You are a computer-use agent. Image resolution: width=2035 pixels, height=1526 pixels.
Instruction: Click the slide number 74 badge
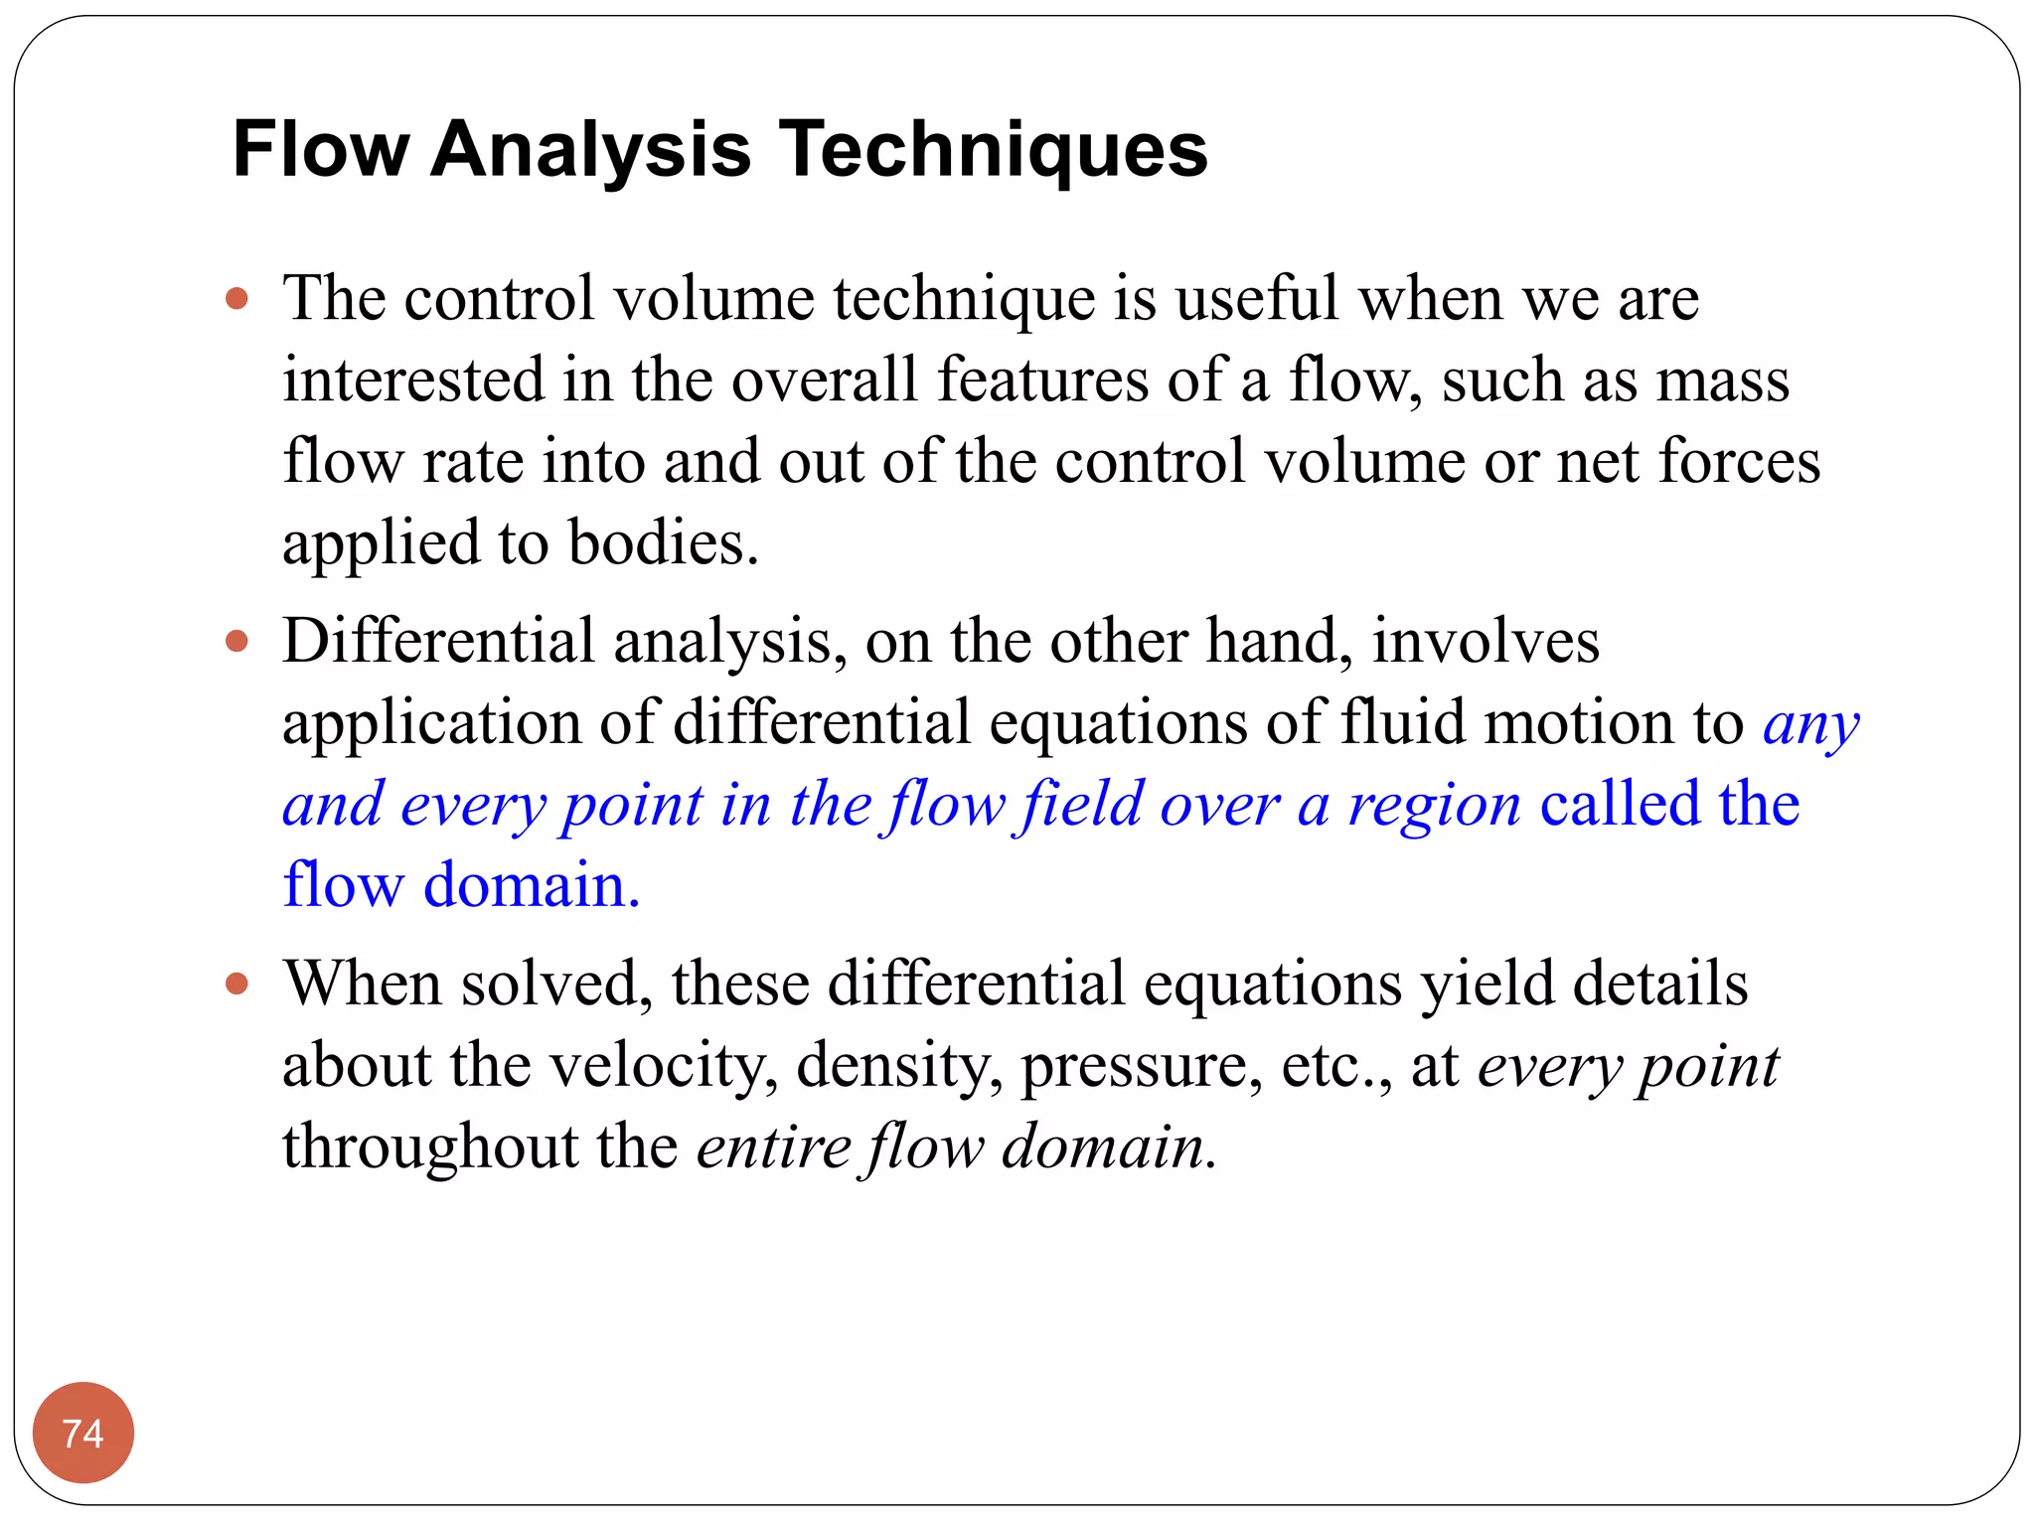(83, 1432)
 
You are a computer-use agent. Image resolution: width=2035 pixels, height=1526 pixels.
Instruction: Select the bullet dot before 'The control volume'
(236, 298)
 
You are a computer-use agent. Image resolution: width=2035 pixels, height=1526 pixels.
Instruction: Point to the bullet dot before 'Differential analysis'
(236, 641)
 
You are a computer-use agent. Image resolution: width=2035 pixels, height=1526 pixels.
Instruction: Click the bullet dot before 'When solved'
(236, 984)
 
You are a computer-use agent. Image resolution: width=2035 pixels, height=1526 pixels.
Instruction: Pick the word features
(1042, 380)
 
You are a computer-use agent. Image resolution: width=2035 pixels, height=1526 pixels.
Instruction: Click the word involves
(1486, 641)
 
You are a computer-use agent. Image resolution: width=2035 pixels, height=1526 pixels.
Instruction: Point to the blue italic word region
(1434, 805)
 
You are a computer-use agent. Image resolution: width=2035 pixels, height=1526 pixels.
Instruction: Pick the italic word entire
(773, 1147)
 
